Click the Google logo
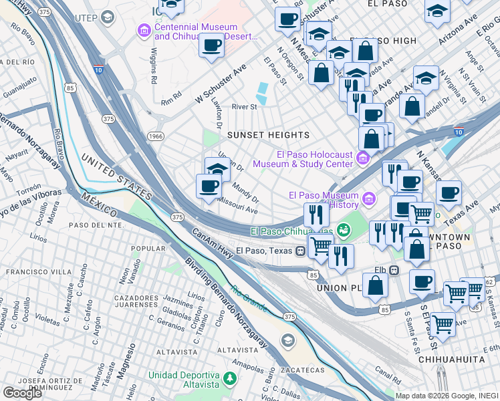(22, 393)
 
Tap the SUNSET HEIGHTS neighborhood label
(268, 135)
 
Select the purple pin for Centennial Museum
(144, 30)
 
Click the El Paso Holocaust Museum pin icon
(363, 158)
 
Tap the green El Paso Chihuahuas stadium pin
(344, 231)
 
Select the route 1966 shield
(155, 136)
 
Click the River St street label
(244, 107)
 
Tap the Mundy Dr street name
(246, 192)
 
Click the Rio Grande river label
(249, 298)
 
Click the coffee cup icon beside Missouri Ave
(209, 186)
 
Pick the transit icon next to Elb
(394, 271)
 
